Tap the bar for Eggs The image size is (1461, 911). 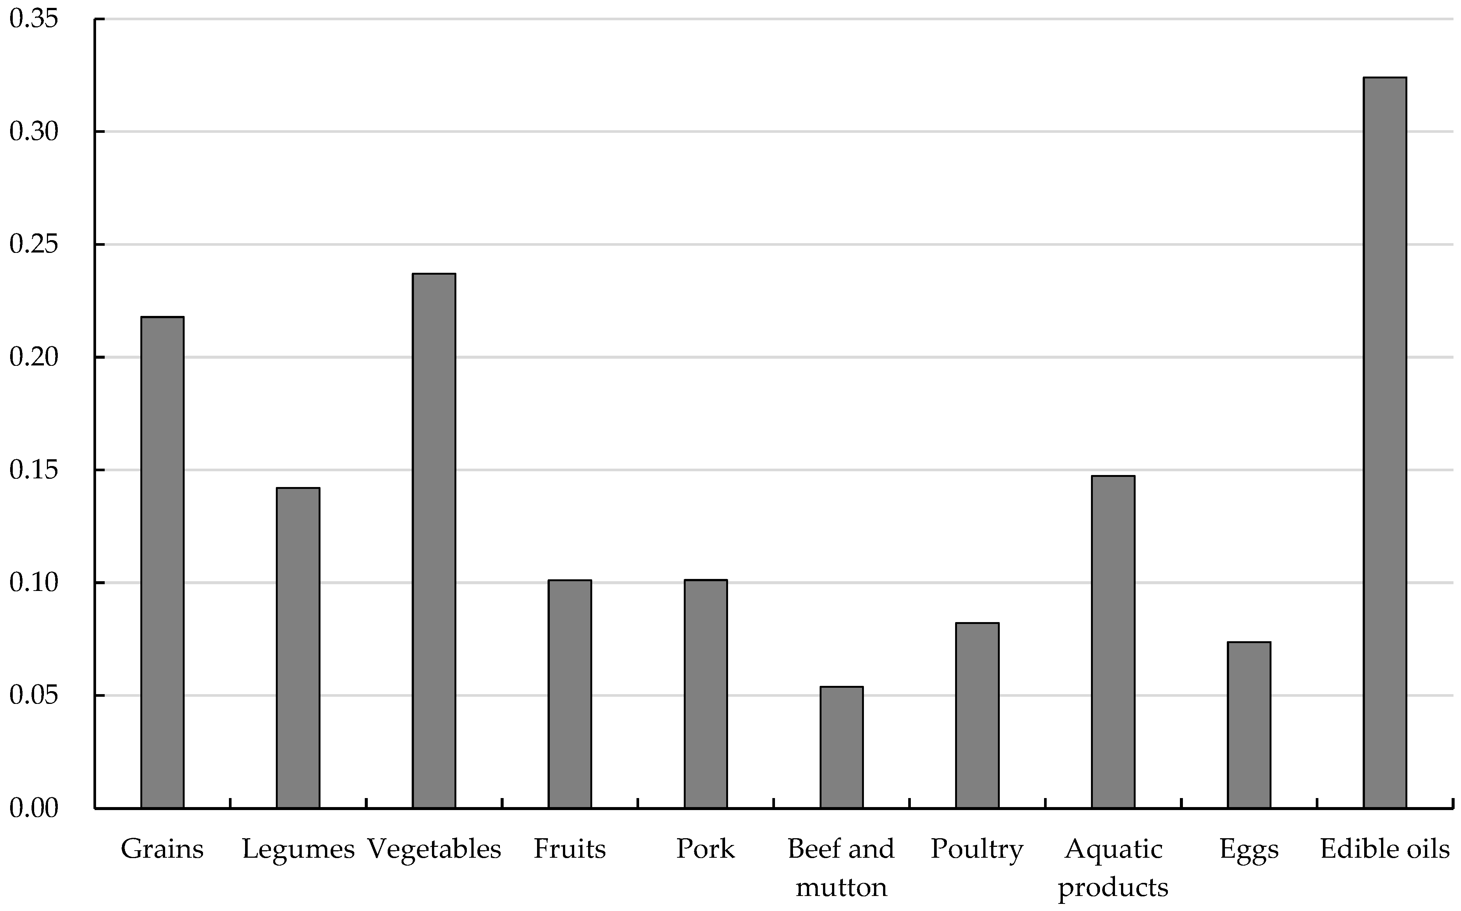(x=1249, y=725)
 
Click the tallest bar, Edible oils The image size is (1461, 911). (x=1385, y=442)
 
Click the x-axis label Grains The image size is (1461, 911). (x=162, y=849)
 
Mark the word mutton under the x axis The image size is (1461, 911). (x=842, y=887)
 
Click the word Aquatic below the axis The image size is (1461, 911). (x=1113, y=849)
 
